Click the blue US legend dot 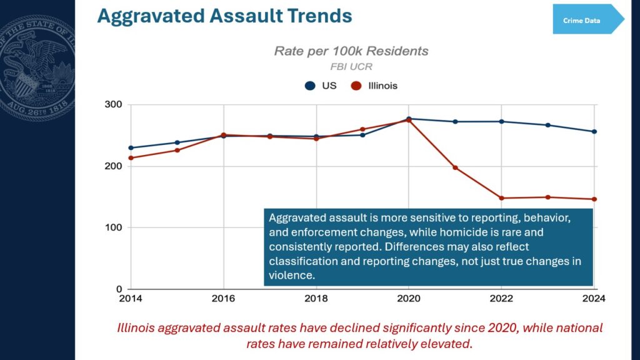click(x=310, y=86)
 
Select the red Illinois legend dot click(x=356, y=86)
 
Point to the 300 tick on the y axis click(x=114, y=104)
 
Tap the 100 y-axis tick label click(x=114, y=227)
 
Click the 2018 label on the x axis click(x=316, y=299)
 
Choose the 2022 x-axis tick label click(x=501, y=299)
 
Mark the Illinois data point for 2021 click(x=455, y=167)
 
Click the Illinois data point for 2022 click(x=502, y=198)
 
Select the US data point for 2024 click(x=594, y=132)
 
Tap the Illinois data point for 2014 click(x=131, y=158)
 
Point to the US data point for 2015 click(x=177, y=142)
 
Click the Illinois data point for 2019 click(x=362, y=129)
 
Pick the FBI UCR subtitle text click(x=351, y=66)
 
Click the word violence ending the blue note click(x=291, y=275)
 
